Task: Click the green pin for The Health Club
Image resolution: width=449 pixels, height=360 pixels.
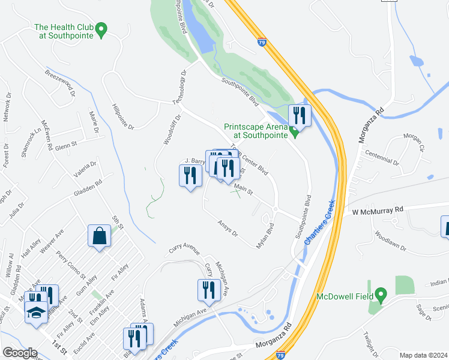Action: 101,29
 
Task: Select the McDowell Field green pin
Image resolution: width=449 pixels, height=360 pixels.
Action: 379,295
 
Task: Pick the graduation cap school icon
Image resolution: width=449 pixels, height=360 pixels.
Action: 35,313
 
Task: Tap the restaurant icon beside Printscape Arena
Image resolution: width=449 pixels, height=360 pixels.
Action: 300,115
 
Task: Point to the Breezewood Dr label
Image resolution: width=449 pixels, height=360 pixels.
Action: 59,82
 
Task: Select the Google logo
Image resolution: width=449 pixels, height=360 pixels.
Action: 20,353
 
